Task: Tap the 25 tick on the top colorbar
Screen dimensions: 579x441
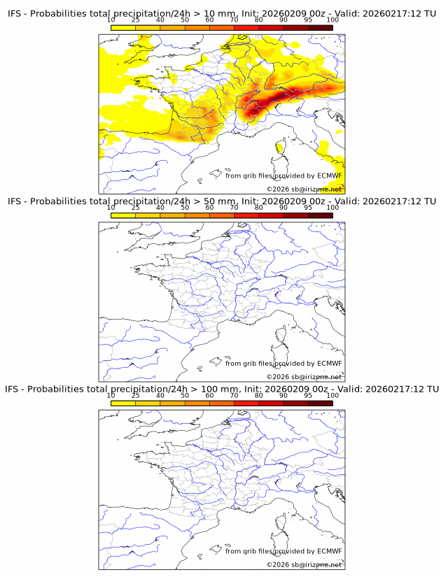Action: point(135,20)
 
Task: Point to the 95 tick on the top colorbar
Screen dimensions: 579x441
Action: point(308,20)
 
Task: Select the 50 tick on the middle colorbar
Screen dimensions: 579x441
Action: point(185,208)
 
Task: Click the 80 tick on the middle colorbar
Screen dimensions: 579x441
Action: point(259,208)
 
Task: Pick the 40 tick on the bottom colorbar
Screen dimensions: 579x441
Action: point(160,396)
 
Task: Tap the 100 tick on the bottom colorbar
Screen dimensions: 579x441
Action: point(332,396)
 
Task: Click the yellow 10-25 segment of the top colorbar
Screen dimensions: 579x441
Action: point(123,27)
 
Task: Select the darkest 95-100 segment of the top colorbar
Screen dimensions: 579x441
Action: point(321,27)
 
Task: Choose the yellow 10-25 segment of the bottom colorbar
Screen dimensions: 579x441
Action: point(123,403)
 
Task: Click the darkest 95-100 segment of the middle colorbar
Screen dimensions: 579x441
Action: point(321,215)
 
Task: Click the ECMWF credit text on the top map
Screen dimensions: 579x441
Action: point(283,176)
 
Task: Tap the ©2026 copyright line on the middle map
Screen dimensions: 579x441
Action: point(304,377)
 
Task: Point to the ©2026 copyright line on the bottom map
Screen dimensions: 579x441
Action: point(304,564)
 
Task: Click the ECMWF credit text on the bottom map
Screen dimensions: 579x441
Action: point(283,551)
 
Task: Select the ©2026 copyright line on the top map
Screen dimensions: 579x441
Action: point(304,190)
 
